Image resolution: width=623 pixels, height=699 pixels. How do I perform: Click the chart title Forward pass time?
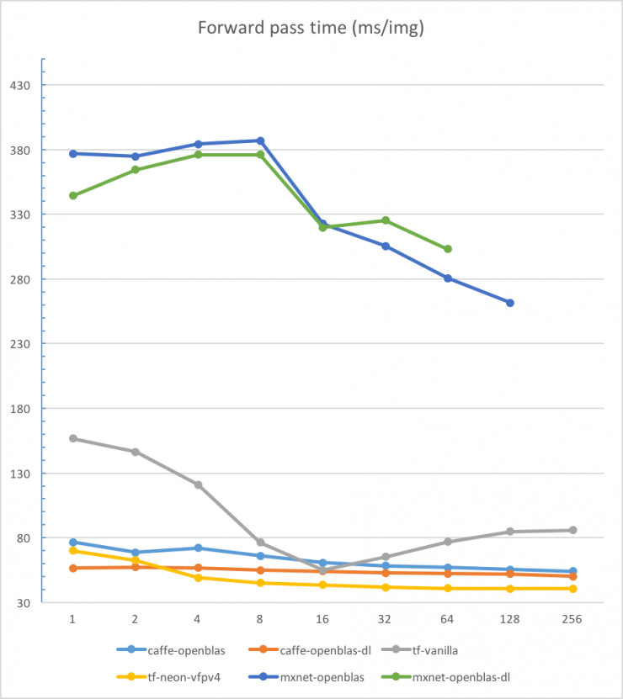(311, 27)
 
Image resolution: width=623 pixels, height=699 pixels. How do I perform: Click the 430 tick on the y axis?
(21, 85)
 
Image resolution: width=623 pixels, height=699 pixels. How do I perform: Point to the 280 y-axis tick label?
(21, 279)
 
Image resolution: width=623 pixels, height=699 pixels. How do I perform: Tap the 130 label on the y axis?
(21, 474)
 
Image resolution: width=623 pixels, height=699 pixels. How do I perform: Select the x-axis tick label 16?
(322, 618)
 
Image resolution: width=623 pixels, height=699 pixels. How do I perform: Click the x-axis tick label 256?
(572, 618)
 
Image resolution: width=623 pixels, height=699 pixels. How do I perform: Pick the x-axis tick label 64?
(448, 618)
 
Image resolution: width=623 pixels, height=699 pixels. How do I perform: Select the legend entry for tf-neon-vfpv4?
(180, 676)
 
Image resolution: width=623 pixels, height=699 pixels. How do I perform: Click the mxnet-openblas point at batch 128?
(510, 303)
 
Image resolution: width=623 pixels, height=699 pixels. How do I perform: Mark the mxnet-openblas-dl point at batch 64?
(448, 249)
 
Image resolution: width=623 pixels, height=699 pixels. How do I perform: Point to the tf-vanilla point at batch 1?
(73, 438)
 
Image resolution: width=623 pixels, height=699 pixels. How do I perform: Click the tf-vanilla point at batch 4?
(198, 485)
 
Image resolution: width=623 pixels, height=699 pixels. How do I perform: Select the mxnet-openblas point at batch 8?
(260, 140)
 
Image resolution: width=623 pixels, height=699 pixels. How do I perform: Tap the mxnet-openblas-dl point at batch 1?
(73, 195)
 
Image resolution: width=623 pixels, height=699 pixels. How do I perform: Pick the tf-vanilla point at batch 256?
(572, 530)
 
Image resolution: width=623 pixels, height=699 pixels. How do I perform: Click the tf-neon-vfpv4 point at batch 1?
(73, 551)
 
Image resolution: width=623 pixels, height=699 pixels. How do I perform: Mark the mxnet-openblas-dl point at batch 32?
(386, 220)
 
